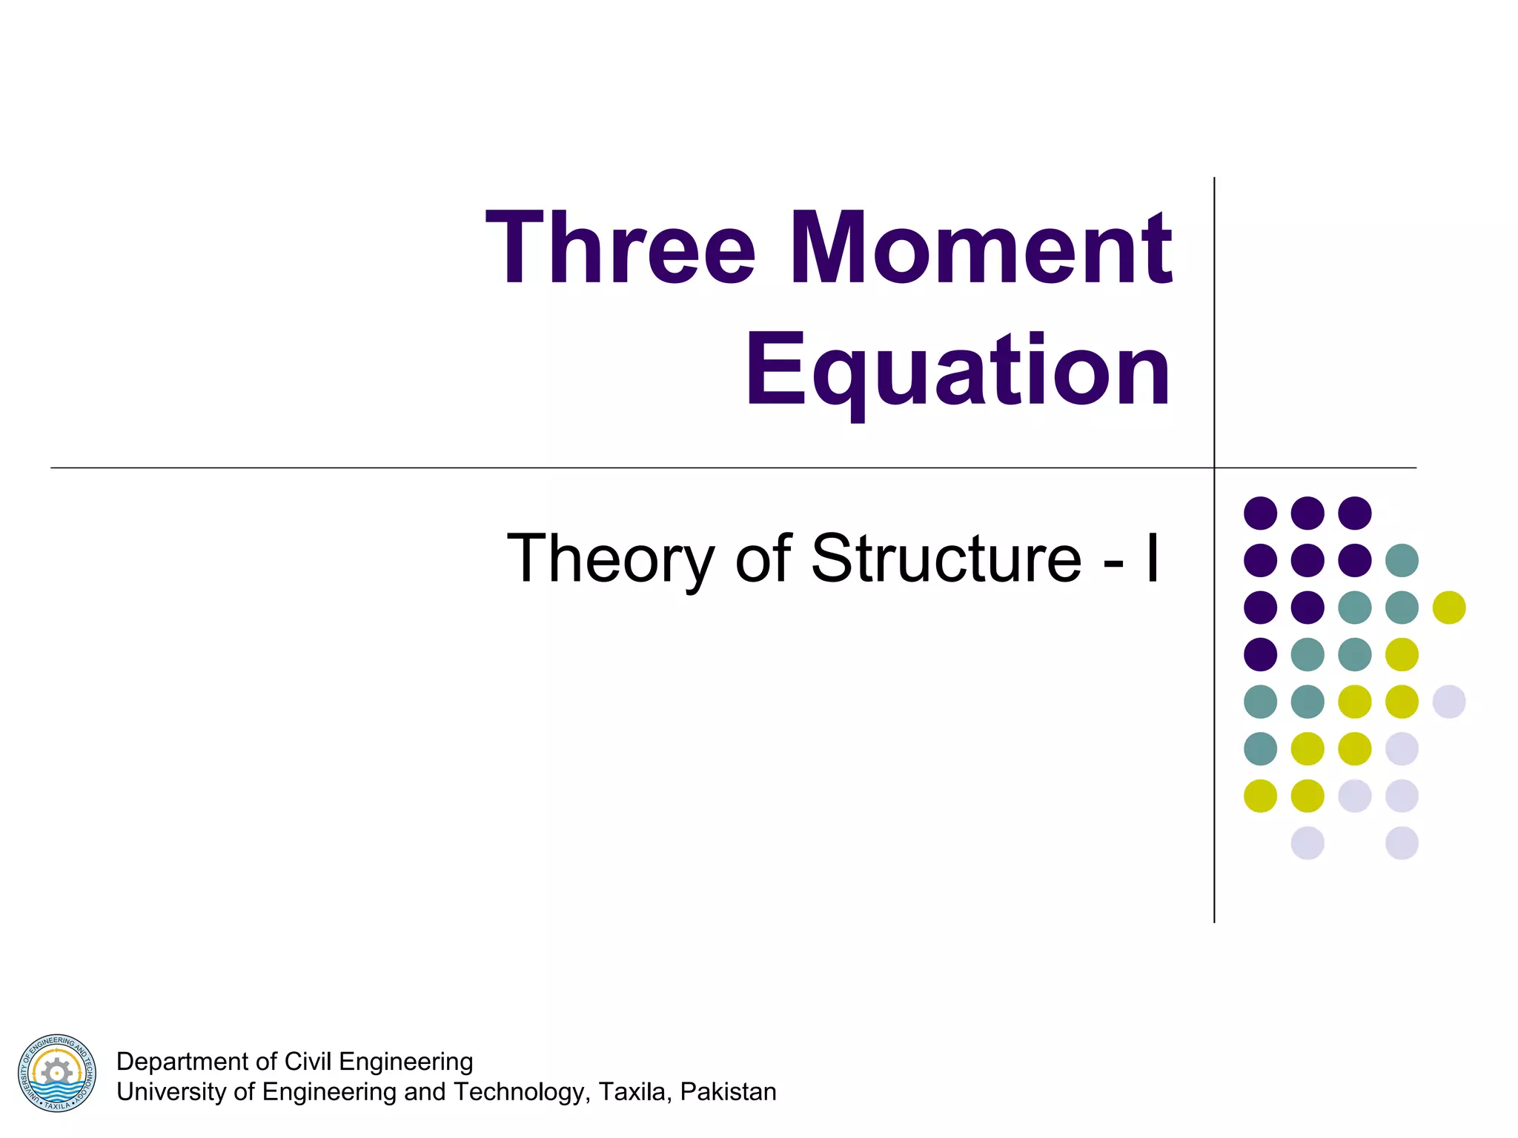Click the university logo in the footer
[57, 1073]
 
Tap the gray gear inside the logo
[56, 1071]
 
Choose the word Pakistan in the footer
[729, 1092]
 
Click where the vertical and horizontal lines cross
[1214, 468]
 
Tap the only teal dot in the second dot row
[1402, 560]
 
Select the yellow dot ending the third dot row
[1449, 608]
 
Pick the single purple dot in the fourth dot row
[1260, 654]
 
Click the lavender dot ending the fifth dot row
[1449, 702]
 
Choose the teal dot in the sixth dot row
[1260, 748]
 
